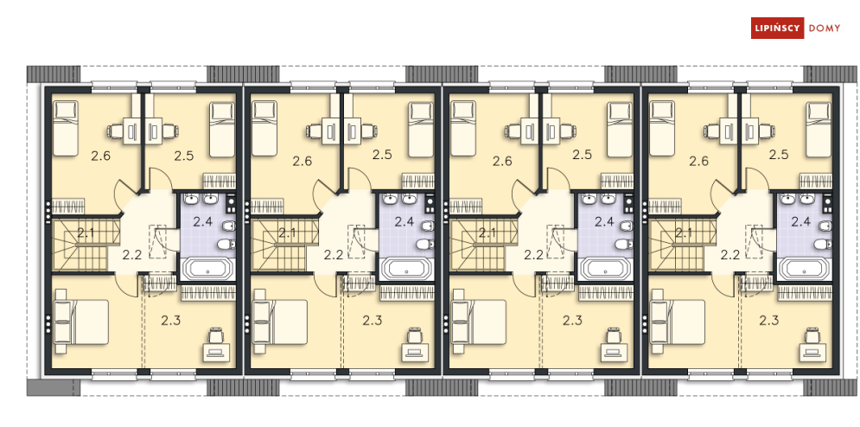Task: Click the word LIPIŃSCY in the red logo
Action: (777, 28)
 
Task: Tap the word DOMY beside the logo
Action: (825, 28)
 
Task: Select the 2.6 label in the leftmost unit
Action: (101, 156)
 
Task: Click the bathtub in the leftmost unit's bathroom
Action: (208, 270)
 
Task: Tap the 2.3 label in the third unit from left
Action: (572, 321)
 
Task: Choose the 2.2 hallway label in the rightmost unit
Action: (729, 255)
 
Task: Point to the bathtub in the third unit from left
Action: (606, 270)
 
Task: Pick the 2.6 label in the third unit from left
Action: (502, 162)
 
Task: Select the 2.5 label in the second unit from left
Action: (382, 155)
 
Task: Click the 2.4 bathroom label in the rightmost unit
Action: (800, 222)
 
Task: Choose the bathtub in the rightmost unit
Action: (806, 270)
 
